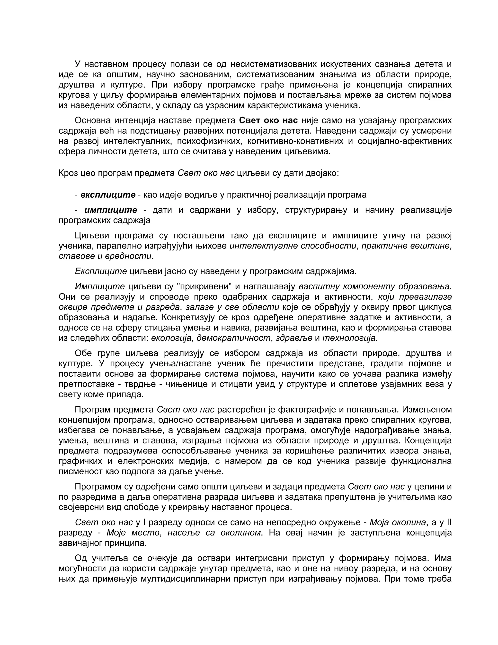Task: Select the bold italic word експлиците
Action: (108, 195)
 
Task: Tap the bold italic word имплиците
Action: (111, 210)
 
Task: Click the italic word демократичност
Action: (235, 338)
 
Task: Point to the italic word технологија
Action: (349, 338)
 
